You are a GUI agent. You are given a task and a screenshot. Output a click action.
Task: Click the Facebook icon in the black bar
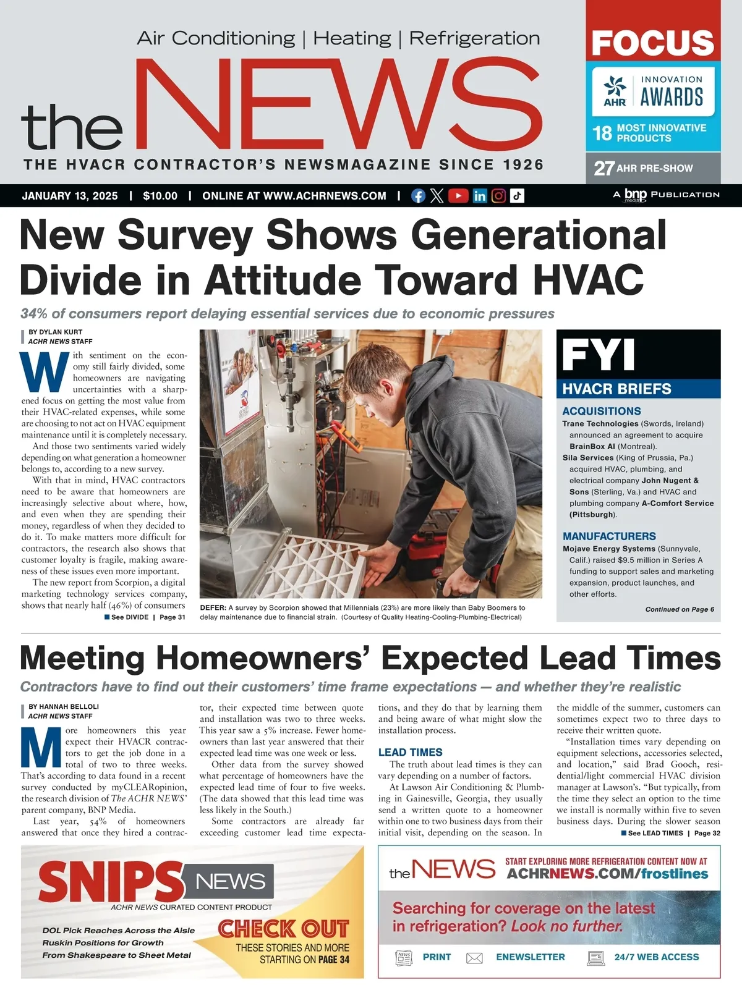418,196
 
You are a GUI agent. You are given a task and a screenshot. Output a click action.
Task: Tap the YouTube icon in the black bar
458,196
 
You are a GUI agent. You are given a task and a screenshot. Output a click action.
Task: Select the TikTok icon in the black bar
517,196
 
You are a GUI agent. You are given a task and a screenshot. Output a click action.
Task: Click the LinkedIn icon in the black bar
479,196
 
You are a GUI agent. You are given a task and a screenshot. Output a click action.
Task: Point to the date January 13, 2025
70,196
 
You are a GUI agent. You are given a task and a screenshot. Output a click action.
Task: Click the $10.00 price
160,196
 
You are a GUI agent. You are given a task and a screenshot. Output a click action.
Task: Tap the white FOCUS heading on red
653,42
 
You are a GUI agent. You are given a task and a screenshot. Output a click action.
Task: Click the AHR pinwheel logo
615,87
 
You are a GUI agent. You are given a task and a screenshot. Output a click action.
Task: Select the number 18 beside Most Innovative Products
602,133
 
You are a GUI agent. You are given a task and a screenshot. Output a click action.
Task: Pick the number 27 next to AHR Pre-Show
604,168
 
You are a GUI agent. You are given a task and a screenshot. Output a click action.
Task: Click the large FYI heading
598,355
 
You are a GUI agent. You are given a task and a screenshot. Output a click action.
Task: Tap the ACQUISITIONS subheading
601,411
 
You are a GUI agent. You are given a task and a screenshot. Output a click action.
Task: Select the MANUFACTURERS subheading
609,536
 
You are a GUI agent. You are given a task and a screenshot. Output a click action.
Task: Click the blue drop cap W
45,372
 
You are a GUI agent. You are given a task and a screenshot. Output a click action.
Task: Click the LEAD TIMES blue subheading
410,752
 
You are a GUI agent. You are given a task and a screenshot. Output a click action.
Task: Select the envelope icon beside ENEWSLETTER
474,958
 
